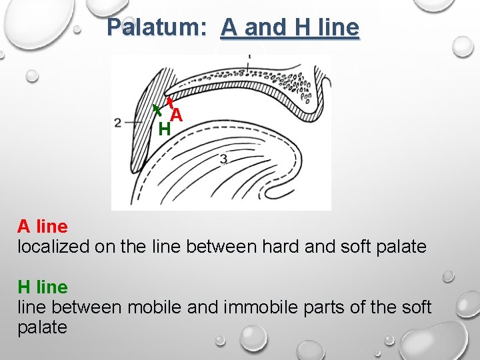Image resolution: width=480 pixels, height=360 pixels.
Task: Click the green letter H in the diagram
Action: coord(164,129)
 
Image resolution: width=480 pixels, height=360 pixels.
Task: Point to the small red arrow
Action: coord(169,102)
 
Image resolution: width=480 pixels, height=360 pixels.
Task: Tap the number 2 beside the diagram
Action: coord(118,123)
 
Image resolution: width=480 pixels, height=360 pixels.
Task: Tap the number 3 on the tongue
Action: coord(223,159)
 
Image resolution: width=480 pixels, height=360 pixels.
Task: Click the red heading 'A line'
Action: coord(42,227)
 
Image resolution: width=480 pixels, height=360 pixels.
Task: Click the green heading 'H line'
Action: coord(42,287)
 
